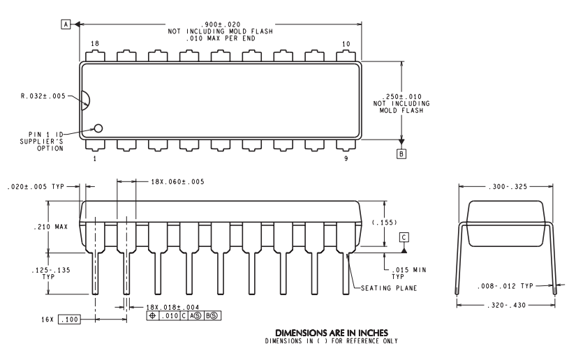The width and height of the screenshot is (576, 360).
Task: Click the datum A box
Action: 66,24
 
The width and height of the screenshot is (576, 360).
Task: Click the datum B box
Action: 400,153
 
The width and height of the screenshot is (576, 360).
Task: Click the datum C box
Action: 404,237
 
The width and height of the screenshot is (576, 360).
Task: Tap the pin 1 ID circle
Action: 98,128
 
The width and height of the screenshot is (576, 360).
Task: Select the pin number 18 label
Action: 94,43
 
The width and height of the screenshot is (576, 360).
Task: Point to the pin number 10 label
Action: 346,43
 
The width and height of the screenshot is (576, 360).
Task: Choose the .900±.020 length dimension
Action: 219,24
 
